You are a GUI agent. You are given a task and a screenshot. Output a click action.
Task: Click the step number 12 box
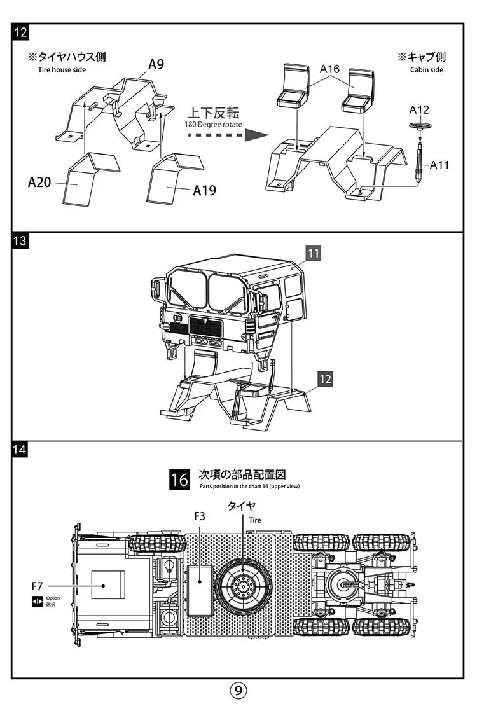tap(20, 32)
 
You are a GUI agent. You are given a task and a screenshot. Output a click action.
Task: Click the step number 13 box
tap(20, 241)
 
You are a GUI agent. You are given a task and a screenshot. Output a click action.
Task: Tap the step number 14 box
tap(20, 450)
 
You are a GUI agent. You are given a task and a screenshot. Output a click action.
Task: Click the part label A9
tap(156, 65)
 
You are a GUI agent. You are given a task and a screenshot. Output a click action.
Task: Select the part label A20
tap(39, 183)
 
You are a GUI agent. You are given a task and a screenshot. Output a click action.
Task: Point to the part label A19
tap(204, 190)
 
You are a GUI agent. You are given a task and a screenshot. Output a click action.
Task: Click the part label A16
tap(329, 69)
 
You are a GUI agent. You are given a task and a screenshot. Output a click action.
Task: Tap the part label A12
tap(419, 109)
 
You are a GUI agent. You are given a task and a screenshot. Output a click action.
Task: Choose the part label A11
tap(439, 165)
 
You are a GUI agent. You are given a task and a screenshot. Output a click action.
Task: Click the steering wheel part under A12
tap(420, 125)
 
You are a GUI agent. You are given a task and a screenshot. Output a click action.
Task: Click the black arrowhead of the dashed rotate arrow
tap(256, 135)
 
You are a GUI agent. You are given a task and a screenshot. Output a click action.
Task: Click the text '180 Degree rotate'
tap(213, 125)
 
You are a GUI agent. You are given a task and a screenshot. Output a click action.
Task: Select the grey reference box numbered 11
tap(313, 253)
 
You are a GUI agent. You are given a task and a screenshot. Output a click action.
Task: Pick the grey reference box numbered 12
tap(325, 380)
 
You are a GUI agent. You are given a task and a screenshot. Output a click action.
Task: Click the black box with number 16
tap(179, 480)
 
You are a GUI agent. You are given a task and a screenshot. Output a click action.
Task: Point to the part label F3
tap(200, 516)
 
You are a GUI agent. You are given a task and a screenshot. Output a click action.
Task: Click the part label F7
tap(38, 586)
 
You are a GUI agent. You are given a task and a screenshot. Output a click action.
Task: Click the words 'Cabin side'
tap(426, 69)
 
